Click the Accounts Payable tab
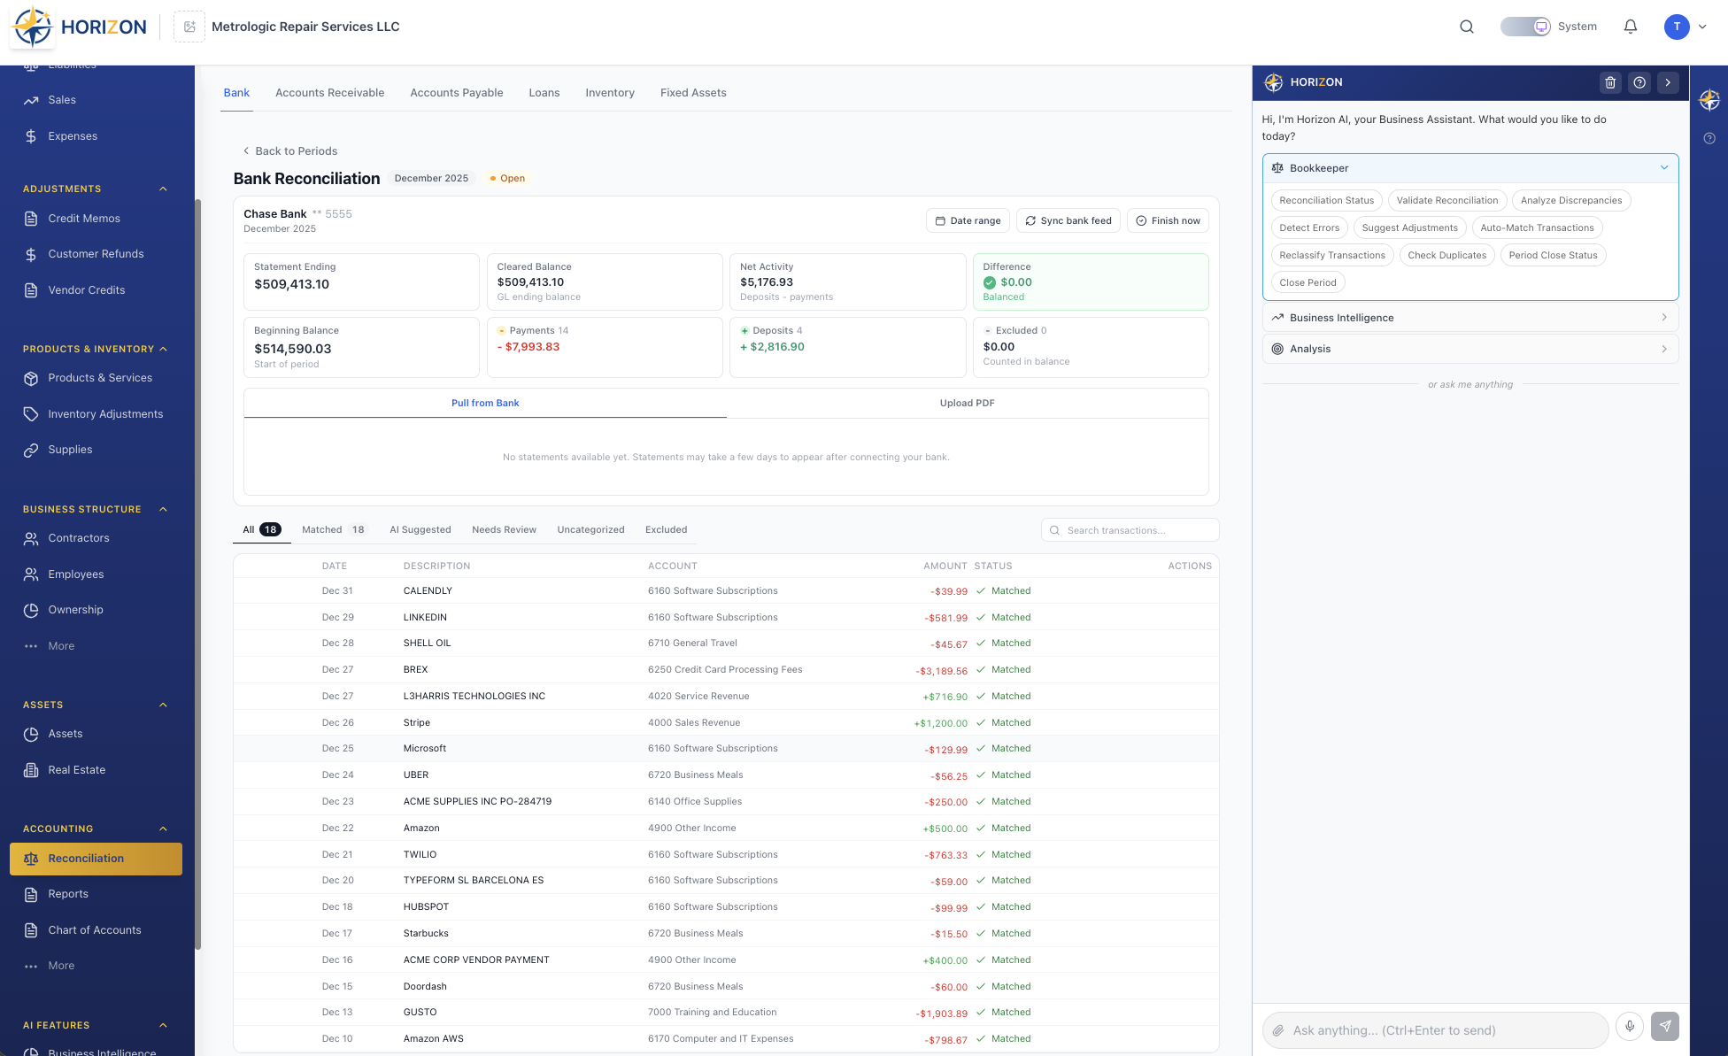[456, 93]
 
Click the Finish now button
[1168, 220]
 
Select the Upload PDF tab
[967, 403]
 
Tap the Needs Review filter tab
[504, 529]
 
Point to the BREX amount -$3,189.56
[942, 671]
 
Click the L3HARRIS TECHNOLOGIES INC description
[474, 696]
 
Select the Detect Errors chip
[1308, 227]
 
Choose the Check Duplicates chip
[1446, 255]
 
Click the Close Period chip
[1308, 282]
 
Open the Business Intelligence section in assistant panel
[1470, 318]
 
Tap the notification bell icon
[1630, 27]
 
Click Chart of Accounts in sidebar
[95, 929]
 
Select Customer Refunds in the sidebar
[96, 254]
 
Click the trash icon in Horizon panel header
[1610, 82]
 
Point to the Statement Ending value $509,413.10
[291, 284]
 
